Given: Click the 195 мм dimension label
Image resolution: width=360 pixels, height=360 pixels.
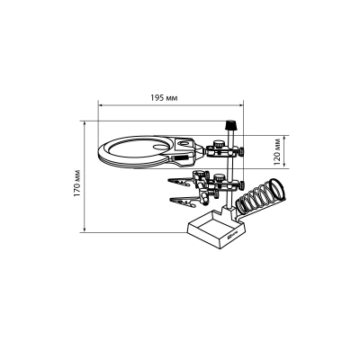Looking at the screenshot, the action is click(x=164, y=98).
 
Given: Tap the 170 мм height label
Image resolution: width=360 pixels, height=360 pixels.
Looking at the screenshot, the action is click(x=77, y=184).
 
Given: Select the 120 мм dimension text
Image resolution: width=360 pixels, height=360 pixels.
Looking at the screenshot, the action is click(x=277, y=152).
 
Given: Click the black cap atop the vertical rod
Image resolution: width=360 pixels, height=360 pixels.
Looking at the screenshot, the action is click(x=230, y=125).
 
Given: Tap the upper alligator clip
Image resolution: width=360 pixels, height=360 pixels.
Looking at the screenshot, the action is click(x=179, y=182).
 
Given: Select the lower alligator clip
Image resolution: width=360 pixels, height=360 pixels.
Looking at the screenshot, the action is click(x=182, y=201).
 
